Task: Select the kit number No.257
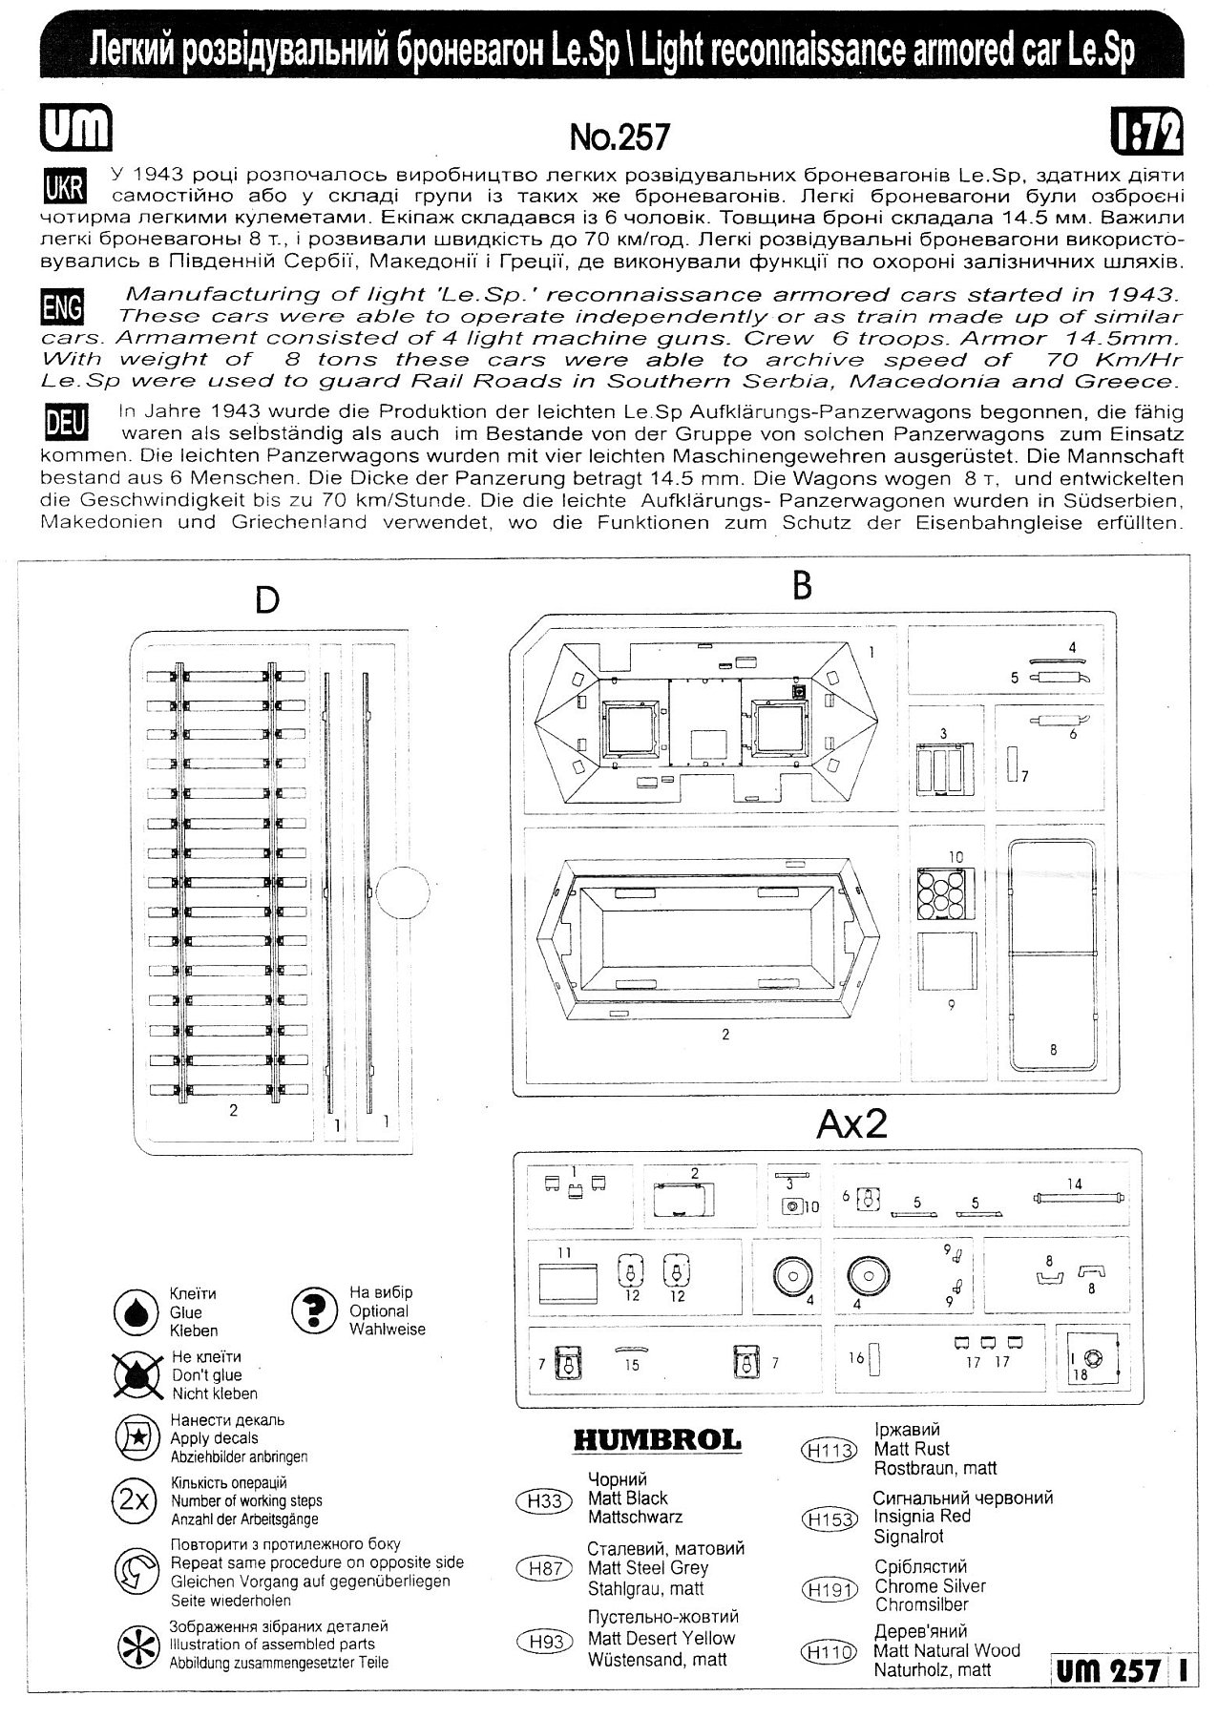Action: (619, 138)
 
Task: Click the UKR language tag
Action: (65, 185)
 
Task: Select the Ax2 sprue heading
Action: (851, 1123)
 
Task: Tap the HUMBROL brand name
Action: (657, 1440)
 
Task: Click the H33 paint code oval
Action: (545, 1501)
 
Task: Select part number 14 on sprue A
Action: (1076, 1196)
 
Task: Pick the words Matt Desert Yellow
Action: (661, 1639)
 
